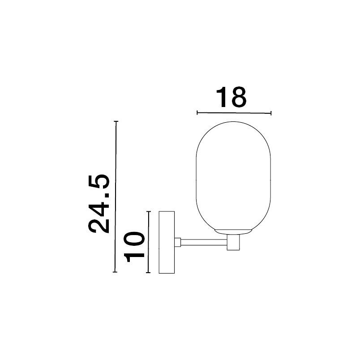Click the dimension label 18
(x=231, y=97)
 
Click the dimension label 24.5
(x=99, y=204)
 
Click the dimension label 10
(x=134, y=247)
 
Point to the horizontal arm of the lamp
(x=204, y=242)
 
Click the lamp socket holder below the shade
(x=233, y=242)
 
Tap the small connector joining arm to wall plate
(x=177, y=242)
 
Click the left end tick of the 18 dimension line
(x=197, y=112)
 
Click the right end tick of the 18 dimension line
(x=271, y=113)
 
